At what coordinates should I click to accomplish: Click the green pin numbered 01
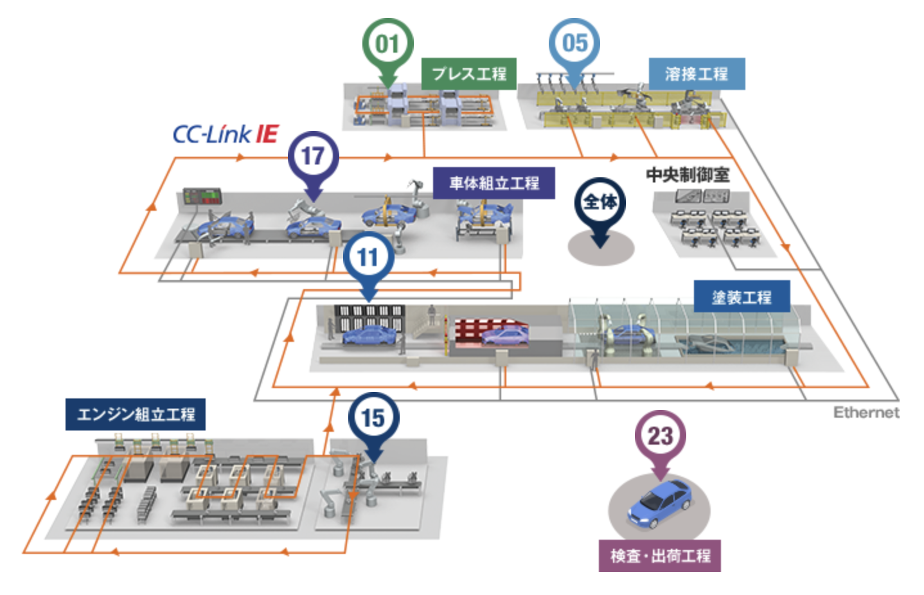click(387, 45)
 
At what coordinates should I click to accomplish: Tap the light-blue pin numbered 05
click(574, 44)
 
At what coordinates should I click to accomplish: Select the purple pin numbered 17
click(313, 156)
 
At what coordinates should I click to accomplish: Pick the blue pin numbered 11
click(368, 258)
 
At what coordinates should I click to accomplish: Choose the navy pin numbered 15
click(373, 419)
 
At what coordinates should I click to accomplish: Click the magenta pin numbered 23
click(660, 436)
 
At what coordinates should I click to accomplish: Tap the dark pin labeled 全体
click(600, 203)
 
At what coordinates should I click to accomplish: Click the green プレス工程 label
click(469, 74)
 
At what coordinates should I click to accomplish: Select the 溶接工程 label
click(697, 74)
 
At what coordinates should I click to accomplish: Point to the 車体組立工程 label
click(493, 183)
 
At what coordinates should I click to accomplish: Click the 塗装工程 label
click(742, 297)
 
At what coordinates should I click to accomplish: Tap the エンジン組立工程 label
click(136, 414)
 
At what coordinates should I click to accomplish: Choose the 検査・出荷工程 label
click(660, 556)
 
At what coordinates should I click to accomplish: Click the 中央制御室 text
click(688, 175)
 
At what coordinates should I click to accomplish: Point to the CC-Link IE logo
click(225, 134)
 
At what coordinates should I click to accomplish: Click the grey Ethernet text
click(866, 413)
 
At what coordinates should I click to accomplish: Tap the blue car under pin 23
click(660, 504)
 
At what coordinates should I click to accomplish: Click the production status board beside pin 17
click(202, 196)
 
